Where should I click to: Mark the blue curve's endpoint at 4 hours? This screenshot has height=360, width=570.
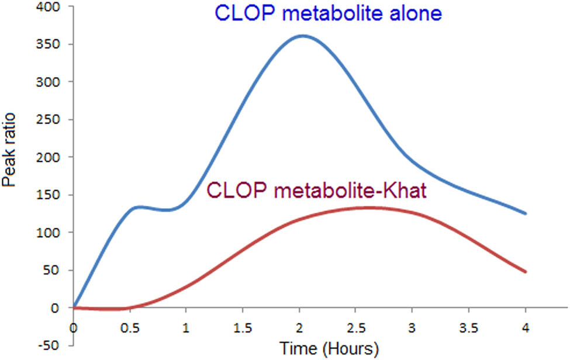(526, 213)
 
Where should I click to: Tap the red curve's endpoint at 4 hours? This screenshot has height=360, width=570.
(526, 272)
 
